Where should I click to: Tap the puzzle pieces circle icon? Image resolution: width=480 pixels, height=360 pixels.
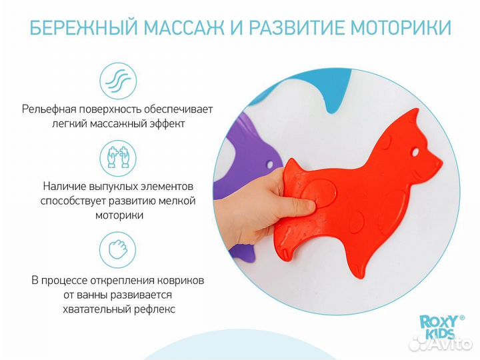tap(117, 157)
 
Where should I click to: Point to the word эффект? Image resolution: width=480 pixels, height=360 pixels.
tap(165, 124)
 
